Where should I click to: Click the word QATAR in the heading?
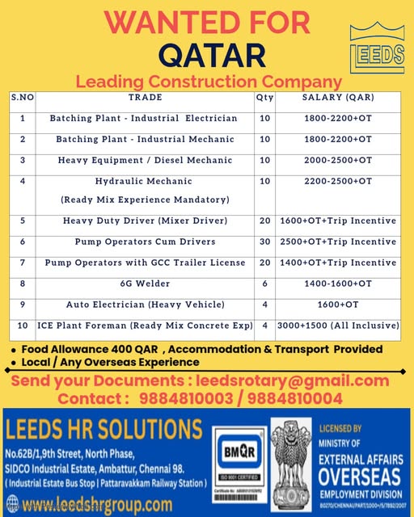pos(212,55)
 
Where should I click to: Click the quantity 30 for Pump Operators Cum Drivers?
pos(264,242)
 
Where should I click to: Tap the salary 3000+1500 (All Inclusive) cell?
pos(338,326)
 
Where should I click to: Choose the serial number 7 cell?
pos(23,263)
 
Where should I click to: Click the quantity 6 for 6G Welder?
pos(264,284)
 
